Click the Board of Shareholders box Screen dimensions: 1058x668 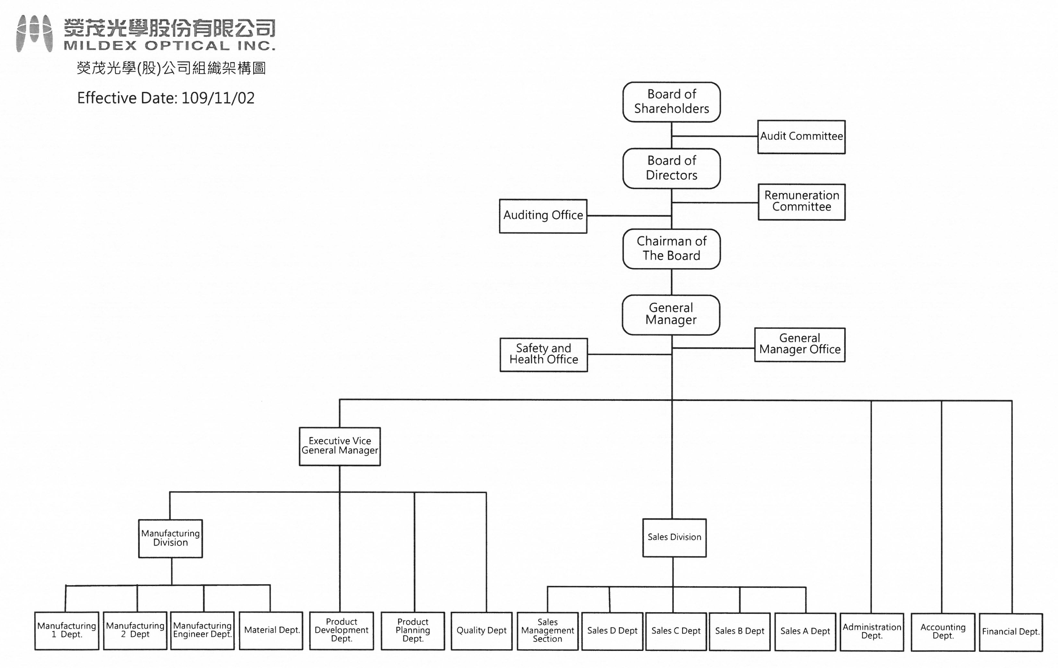pyautogui.click(x=671, y=102)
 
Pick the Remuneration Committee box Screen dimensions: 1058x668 pyautogui.click(x=801, y=202)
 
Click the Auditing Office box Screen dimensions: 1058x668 pyautogui.click(x=543, y=216)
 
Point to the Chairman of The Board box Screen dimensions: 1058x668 pyautogui.click(x=671, y=249)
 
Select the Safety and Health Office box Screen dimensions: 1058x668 pyautogui.click(x=544, y=354)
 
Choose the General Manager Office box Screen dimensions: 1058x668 pyautogui.click(x=800, y=344)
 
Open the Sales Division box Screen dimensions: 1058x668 pyautogui.click(x=674, y=538)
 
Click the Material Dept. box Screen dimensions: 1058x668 pyautogui.click(x=271, y=631)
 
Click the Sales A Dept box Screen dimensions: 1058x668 pyautogui.click(x=805, y=632)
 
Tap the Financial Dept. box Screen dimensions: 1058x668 pyautogui.click(x=1011, y=632)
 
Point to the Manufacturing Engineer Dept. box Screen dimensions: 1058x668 pyautogui.click(x=202, y=631)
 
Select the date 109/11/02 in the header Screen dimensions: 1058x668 pyautogui.click(x=217, y=98)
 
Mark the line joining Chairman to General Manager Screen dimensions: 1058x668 pyautogui.click(x=671, y=282)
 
